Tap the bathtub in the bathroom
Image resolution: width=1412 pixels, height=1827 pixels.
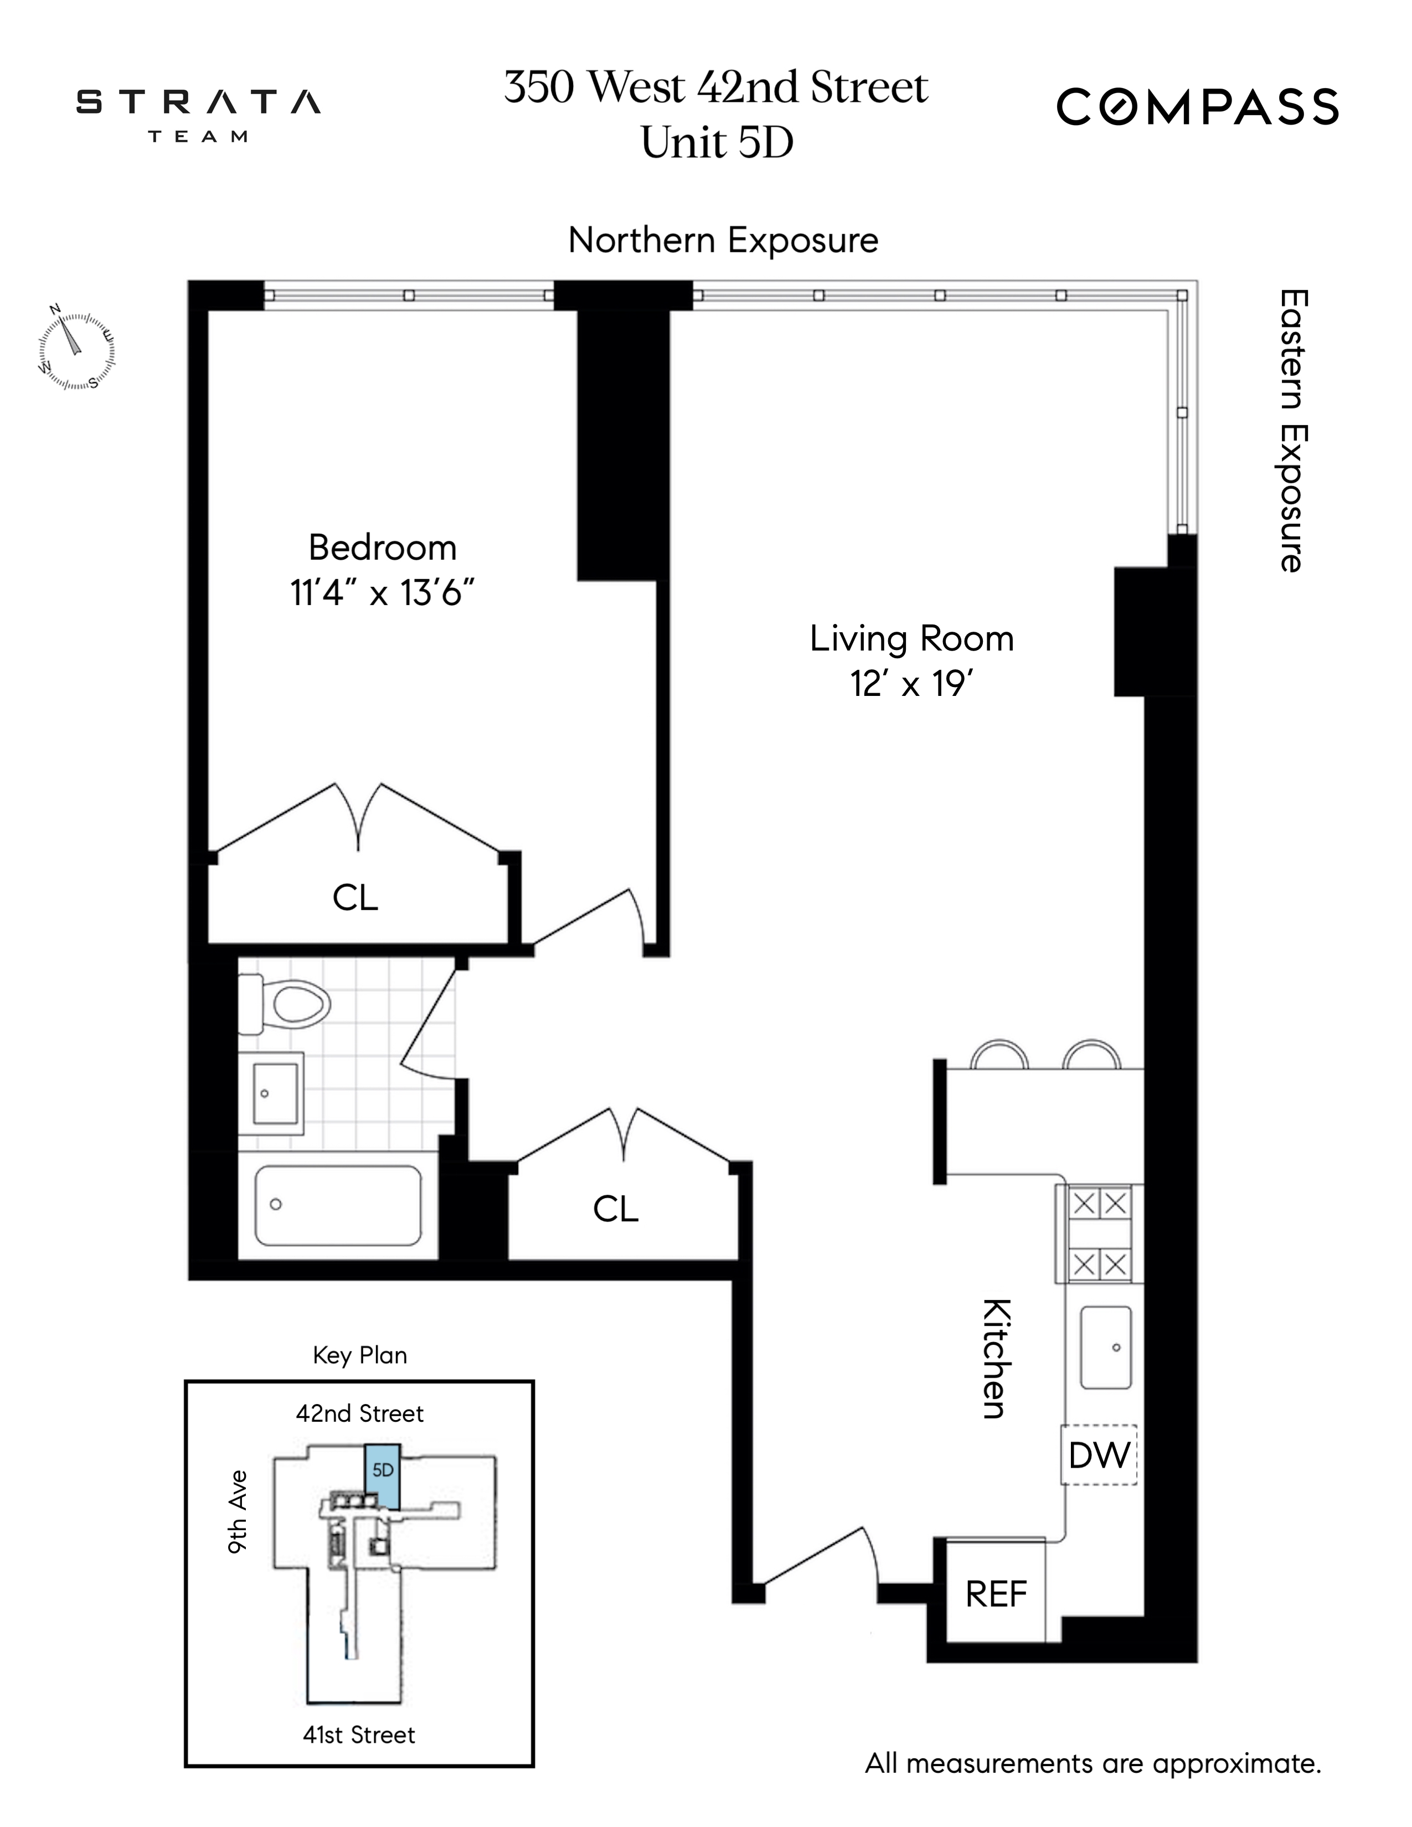(338, 1205)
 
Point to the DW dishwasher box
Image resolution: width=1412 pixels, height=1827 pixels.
(1099, 1456)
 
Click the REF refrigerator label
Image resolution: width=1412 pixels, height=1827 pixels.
(996, 1594)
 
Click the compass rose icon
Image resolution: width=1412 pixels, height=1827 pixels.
(76, 347)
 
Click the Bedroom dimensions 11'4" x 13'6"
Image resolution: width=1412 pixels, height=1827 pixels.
(382, 593)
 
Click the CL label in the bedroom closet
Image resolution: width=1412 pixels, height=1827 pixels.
(355, 897)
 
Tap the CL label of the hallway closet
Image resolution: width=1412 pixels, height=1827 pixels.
(616, 1209)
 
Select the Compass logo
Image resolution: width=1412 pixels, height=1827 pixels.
(1197, 107)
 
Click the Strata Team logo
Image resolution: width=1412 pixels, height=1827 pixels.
(198, 113)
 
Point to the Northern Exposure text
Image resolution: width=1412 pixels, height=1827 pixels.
(723, 240)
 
